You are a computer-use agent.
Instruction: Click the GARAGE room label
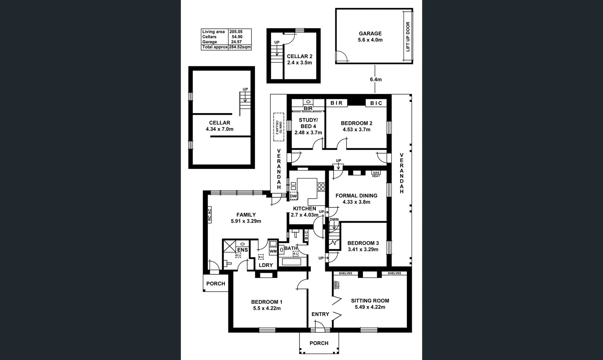coord(370,33)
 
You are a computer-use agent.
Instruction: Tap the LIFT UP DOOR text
coord(408,37)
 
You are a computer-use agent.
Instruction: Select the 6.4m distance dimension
coord(376,79)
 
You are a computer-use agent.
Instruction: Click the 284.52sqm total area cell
coord(240,47)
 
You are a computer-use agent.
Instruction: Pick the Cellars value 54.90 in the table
coord(237,37)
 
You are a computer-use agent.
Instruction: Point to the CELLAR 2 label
coord(299,56)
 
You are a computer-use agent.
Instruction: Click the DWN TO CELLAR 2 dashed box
coord(278,127)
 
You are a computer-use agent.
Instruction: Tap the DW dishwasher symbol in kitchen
coord(293,196)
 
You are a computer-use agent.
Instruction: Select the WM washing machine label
coord(273,251)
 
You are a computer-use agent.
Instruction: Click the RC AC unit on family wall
coord(209,215)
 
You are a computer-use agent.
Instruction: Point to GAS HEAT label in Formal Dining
coord(376,174)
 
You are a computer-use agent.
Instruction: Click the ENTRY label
coord(320,314)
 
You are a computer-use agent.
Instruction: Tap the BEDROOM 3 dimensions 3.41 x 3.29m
coord(363,249)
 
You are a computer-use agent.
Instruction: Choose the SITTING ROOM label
coord(370,301)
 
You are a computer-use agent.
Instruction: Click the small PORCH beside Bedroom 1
coord(215,284)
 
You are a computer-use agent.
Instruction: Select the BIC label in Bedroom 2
coord(376,103)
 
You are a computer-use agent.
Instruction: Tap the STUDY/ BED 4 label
coord(308,123)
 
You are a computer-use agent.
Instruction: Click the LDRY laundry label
coord(266,265)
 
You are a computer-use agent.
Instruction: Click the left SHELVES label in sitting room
coord(346,273)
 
